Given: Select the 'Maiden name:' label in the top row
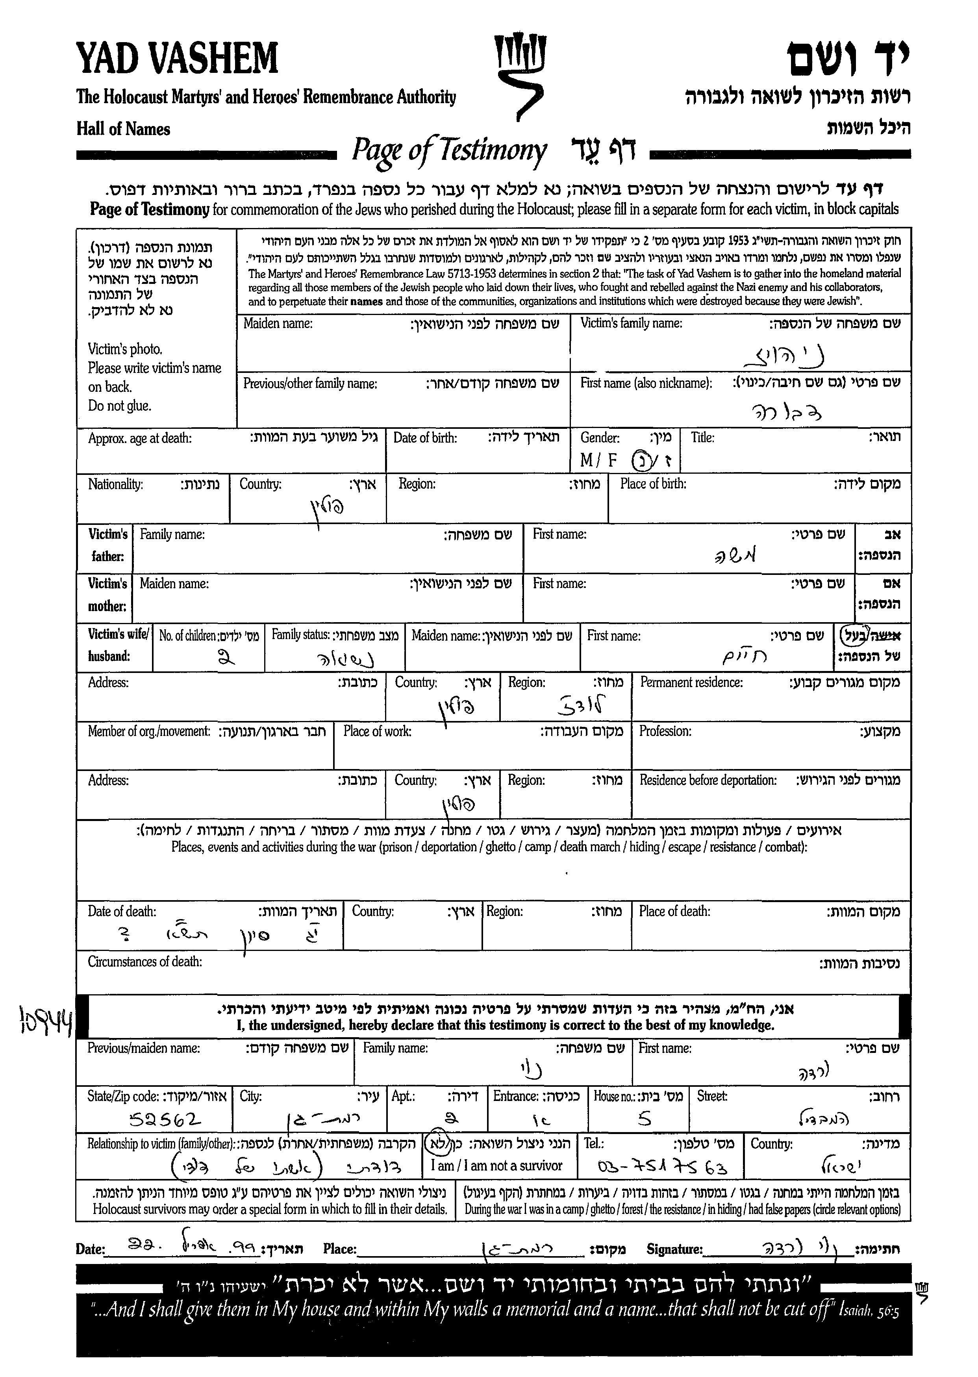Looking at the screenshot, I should [278, 323].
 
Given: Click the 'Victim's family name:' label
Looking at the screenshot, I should [631, 323].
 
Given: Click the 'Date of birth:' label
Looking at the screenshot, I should [425, 438].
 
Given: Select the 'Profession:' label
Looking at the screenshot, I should [665, 731].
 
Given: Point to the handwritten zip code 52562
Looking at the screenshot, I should [165, 1120].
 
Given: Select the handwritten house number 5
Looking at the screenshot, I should [645, 1119].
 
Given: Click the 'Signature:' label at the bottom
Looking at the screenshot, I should [674, 1249].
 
